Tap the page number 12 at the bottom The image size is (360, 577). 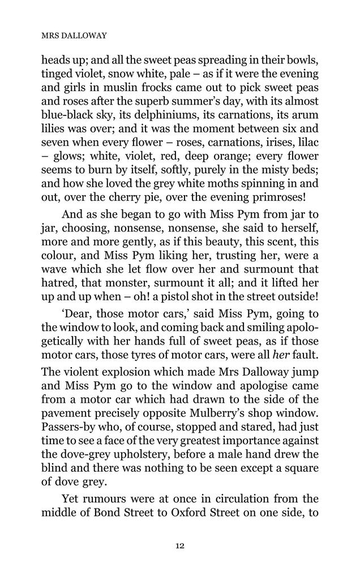(179, 545)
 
